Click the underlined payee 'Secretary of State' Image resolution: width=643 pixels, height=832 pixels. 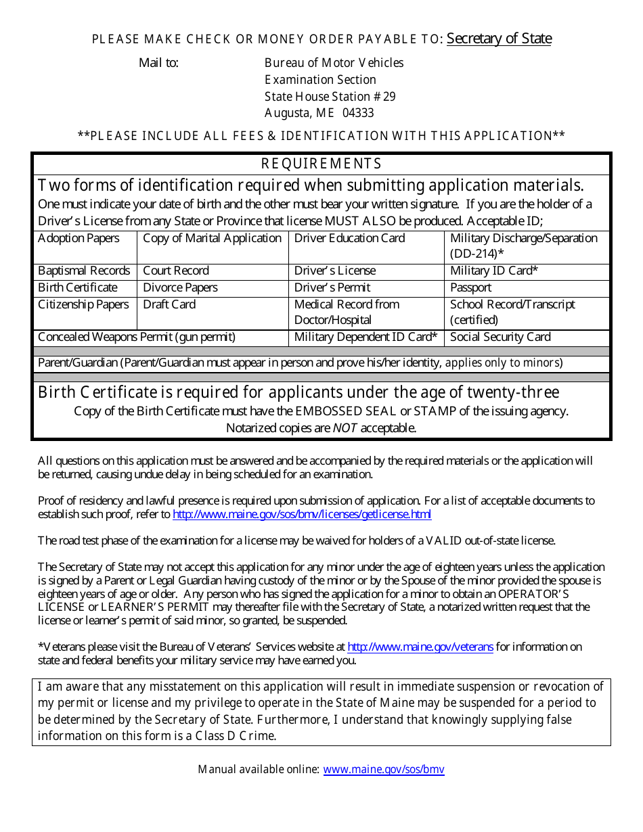point(499,39)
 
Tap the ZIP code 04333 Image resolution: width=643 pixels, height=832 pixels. point(358,113)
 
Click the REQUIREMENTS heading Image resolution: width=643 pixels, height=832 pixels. point(321,164)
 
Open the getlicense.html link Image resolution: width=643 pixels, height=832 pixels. point(302,515)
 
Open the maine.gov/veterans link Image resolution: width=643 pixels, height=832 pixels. point(420,647)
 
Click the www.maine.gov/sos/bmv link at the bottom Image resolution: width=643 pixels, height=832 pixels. point(384,769)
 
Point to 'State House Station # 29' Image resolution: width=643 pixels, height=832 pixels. point(330,96)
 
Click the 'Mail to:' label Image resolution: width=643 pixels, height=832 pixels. point(159,63)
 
